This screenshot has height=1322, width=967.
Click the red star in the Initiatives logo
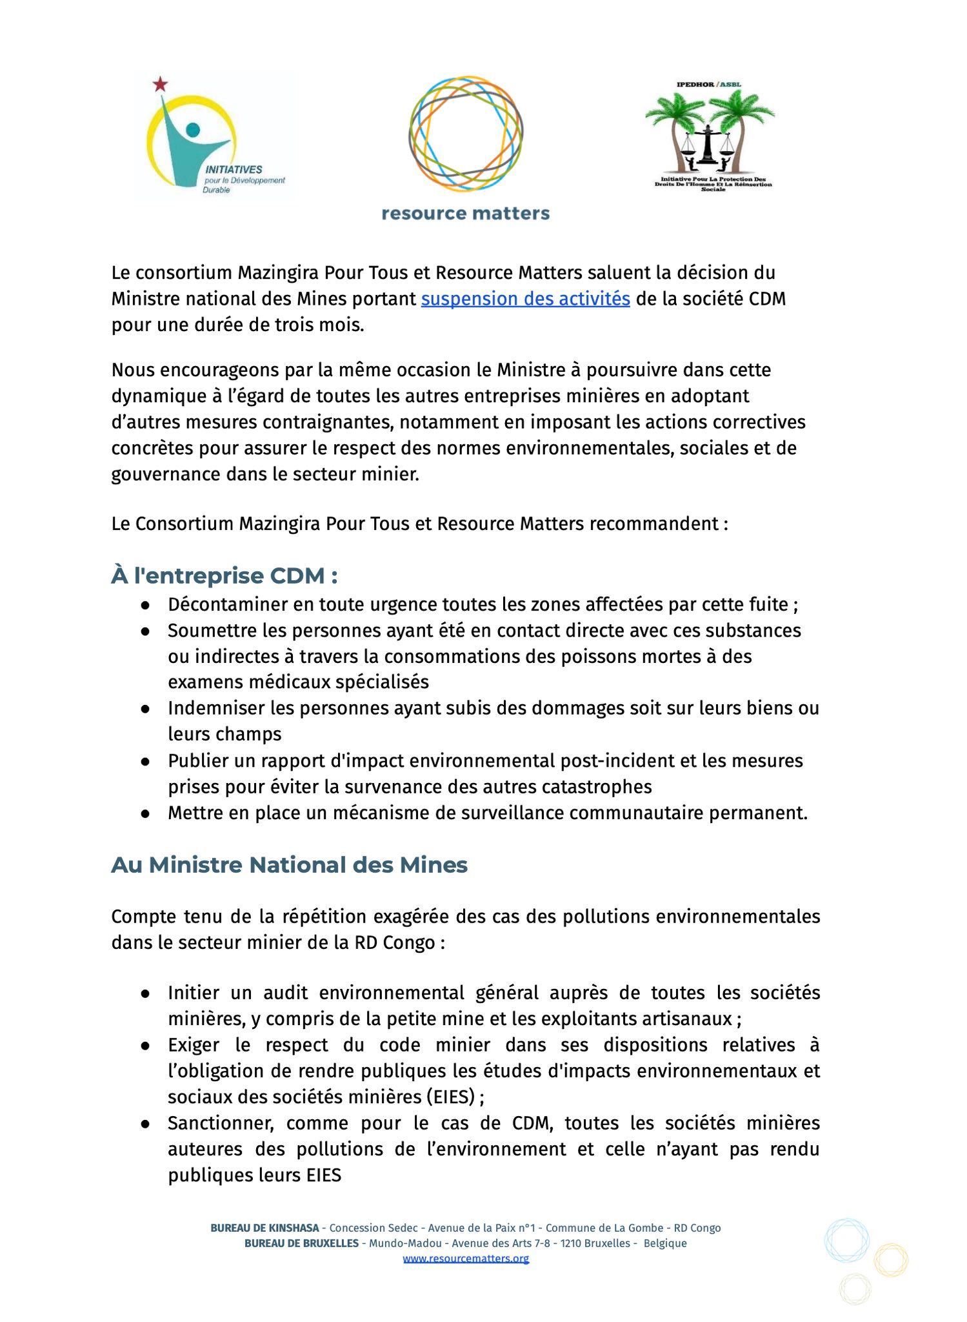coord(160,84)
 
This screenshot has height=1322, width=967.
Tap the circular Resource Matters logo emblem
coord(465,134)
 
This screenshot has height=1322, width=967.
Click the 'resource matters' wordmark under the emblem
coord(465,214)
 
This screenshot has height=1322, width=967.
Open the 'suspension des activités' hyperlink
coord(525,299)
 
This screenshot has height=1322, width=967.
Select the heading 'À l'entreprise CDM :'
coord(224,575)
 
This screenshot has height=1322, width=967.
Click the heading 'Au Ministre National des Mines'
coord(289,864)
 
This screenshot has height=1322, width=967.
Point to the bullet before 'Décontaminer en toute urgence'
coord(146,605)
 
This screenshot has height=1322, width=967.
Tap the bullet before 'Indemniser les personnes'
coord(146,708)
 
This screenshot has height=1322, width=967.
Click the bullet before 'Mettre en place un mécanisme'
coord(146,813)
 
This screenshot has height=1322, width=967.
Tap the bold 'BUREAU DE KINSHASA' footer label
coord(264,1228)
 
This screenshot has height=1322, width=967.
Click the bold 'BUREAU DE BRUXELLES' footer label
coord(301,1243)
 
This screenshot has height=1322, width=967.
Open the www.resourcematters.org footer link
coord(466,1258)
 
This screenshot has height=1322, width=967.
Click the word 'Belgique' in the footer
coord(665,1243)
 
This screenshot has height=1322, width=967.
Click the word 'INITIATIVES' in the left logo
coord(234,169)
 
